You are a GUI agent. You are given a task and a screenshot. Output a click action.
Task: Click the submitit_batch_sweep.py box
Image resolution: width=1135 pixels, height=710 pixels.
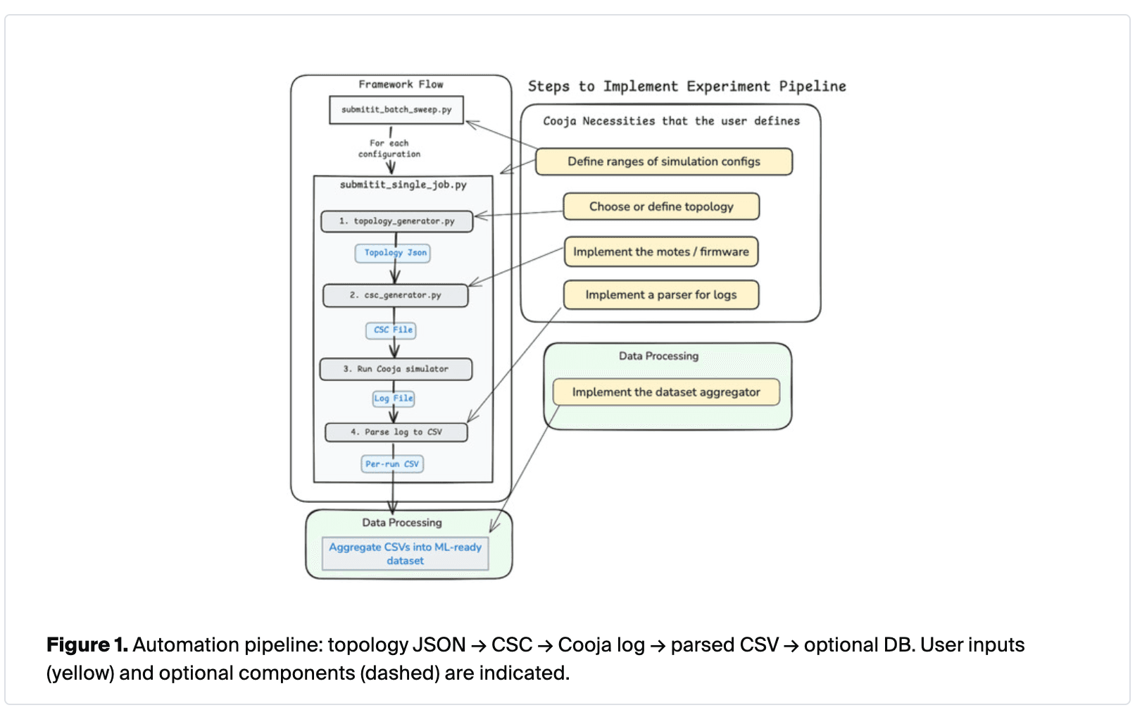click(396, 110)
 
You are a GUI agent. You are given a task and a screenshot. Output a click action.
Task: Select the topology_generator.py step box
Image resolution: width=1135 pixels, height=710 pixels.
click(396, 221)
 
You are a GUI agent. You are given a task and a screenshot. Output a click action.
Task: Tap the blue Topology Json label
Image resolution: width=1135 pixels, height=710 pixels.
click(394, 253)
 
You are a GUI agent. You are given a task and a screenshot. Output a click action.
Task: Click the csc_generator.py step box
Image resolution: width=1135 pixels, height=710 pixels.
click(395, 295)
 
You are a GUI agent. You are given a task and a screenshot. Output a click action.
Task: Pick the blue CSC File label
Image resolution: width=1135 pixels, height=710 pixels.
click(392, 330)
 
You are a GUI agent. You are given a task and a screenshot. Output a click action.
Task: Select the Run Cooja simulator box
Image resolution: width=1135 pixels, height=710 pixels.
click(396, 369)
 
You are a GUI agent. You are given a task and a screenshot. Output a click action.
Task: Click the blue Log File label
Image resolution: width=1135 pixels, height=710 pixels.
click(393, 399)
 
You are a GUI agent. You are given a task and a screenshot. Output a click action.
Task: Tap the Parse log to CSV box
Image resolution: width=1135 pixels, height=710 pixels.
click(396, 432)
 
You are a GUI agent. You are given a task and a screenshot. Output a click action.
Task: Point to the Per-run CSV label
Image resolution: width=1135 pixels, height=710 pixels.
click(391, 464)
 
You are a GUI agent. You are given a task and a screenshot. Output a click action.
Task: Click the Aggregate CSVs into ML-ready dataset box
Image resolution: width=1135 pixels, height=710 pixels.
click(405, 554)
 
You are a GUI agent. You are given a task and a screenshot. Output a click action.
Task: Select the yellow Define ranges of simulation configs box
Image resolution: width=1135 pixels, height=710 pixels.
click(663, 161)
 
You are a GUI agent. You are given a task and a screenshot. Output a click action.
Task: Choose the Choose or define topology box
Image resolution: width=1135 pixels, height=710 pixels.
click(661, 206)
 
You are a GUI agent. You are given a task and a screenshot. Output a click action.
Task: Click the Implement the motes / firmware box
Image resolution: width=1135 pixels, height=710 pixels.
click(660, 251)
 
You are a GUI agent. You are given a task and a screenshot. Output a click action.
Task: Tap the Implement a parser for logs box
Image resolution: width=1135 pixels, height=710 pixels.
click(660, 294)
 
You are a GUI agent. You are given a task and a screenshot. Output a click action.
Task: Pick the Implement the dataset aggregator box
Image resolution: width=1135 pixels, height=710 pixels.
click(665, 392)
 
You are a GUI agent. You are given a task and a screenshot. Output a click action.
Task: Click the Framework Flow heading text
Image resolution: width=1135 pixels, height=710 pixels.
click(401, 85)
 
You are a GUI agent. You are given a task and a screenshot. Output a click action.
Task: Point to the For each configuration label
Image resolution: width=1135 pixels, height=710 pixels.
click(389, 149)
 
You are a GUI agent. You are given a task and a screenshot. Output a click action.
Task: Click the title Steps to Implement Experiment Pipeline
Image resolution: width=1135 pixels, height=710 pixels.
click(686, 87)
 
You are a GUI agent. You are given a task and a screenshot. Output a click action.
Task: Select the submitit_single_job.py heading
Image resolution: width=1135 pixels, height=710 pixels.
click(403, 185)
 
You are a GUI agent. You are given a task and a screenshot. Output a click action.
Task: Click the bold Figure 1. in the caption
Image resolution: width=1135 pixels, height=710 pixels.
click(87, 645)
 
